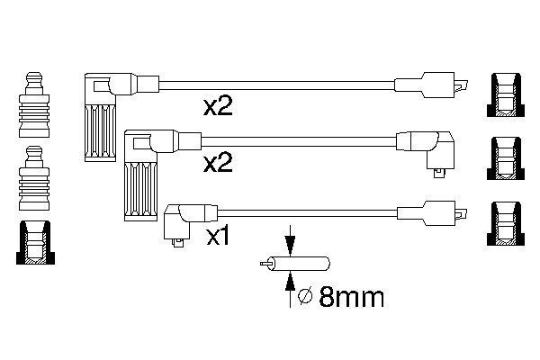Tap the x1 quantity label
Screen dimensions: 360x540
(220, 238)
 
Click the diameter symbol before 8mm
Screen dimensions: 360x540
(304, 295)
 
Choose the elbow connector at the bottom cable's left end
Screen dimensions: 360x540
(183, 220)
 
